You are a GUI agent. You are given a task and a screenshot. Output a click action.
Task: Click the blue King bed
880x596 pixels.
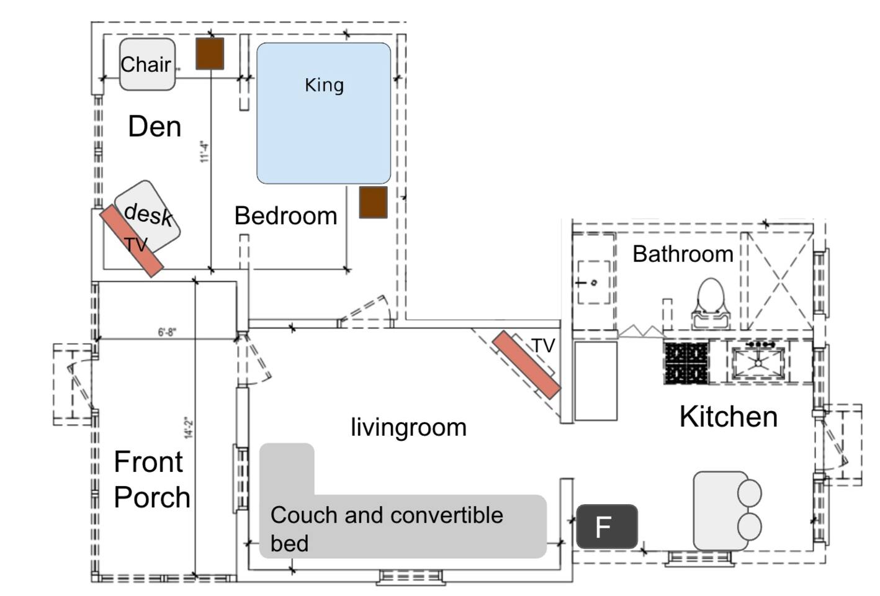click(323, 113)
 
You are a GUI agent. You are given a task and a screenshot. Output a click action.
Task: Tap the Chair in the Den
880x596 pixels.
click(147, 64)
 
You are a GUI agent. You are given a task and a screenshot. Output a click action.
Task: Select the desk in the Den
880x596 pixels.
click(149, 215)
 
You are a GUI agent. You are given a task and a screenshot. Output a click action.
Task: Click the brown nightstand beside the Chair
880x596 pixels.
click(210, 53)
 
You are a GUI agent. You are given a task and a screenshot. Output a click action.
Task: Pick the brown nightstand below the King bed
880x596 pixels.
click(373, 202)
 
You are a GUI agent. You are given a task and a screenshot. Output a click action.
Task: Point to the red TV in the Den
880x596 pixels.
click(132, 240)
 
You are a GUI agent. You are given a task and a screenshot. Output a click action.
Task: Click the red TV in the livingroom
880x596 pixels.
click(526, 364)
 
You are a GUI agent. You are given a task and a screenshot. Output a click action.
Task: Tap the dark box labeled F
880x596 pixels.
click(606, 527)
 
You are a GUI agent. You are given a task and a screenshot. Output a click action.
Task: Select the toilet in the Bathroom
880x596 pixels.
click(711, 302)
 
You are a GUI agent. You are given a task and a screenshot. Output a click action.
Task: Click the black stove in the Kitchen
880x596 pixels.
click(686, 363)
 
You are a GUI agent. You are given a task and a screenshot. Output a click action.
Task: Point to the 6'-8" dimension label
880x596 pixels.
click(167, 332)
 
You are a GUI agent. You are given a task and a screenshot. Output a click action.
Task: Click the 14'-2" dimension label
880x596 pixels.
click(189, 427)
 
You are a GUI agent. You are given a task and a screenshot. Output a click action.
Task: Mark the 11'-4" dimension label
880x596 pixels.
click(204, 151)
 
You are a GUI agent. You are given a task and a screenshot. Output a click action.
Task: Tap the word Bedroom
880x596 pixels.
click(285, 216)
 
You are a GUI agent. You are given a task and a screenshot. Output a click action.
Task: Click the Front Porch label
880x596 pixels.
click(151, 479)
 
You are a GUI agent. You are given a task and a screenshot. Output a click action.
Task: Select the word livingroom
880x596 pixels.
click(408, 427)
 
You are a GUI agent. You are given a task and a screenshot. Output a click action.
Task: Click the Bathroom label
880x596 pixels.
click(683, 254)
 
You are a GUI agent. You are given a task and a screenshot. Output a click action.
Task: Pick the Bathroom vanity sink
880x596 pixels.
click(593, 282)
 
